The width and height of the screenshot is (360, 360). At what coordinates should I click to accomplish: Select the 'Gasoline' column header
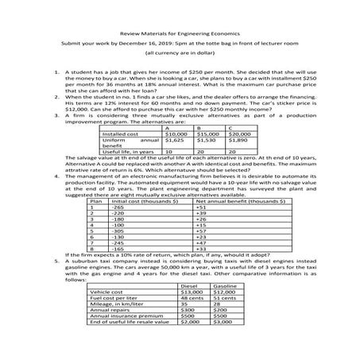[x=226, y=285]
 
